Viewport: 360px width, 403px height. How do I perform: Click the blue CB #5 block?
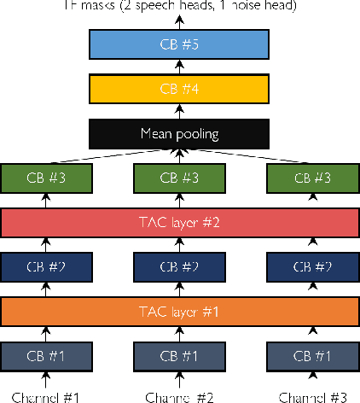point(179,45)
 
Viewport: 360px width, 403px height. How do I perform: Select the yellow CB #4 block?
point(179,89)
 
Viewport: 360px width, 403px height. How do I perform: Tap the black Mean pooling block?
point(179,133)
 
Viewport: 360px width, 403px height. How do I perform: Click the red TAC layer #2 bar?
point(179,222)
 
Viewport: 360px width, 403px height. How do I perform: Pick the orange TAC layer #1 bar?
point(179,312)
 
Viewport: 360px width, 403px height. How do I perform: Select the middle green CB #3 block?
point(179,178)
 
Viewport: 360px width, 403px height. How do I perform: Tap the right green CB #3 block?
point(312,178)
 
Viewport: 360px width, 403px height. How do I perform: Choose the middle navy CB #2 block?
point(179,267)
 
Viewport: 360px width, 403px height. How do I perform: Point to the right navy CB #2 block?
point(312,267)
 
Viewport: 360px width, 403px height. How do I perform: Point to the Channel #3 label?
point(312,395)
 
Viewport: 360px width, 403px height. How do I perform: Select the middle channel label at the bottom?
point(179,395)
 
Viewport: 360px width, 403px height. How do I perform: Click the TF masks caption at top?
point(179,5)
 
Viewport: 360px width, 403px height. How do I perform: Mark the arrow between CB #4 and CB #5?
point(179,67)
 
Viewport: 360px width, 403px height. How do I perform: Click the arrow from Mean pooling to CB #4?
point(179,111)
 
